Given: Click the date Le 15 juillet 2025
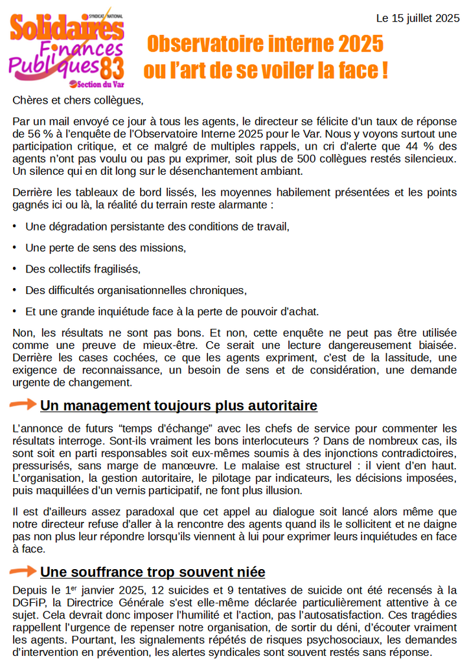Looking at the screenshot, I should pos(418,19).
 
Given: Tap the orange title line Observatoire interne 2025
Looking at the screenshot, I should pos(265,44).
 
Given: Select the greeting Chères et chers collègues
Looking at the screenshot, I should pos(77,100).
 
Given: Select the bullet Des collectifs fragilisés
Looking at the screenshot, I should pos(83,269).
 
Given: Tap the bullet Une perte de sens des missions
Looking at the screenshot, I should pos(106,248).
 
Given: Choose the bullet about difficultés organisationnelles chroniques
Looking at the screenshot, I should pos(136,290).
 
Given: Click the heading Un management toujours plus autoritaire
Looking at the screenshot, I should pos(179,406).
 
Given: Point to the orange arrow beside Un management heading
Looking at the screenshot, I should pos(23,405).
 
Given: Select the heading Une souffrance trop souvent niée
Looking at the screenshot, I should pos(152,572).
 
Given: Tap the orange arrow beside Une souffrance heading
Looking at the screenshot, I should pos(23,571).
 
